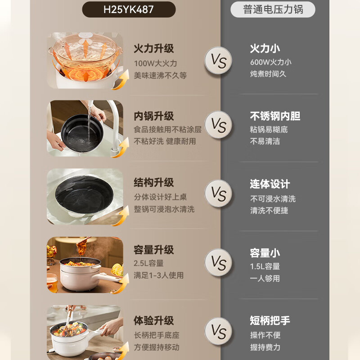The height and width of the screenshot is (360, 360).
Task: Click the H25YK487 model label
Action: pos(129,9)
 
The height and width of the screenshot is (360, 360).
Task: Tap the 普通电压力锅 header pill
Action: pos(273,9)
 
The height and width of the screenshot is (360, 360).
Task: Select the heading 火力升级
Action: pos(153,49)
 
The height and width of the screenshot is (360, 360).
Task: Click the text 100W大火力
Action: pos(155,63)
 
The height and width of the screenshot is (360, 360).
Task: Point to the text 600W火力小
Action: pos(271,62)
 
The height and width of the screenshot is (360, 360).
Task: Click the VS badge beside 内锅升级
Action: pos(218,125)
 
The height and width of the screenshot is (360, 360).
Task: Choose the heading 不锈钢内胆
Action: pos(275,116)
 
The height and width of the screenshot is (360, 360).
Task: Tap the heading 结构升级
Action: pos(153,183)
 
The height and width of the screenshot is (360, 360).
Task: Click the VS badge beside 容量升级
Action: pos(218,262)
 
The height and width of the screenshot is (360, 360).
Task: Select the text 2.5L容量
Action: pos(148,263)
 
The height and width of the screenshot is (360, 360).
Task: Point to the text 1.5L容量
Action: pos(265,266)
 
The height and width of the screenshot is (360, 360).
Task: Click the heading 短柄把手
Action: pos(270,320)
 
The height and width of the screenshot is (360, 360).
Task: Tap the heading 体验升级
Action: pos(153,320)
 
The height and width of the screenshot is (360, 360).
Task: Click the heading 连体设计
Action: pos(270,184)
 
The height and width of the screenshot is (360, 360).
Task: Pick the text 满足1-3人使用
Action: pos(159,275)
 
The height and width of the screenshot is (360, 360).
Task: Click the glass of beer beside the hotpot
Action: pos(52,283)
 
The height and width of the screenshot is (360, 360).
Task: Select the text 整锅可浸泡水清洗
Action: pos(164,209)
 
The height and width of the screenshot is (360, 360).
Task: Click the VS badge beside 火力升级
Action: pos(218,60)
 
